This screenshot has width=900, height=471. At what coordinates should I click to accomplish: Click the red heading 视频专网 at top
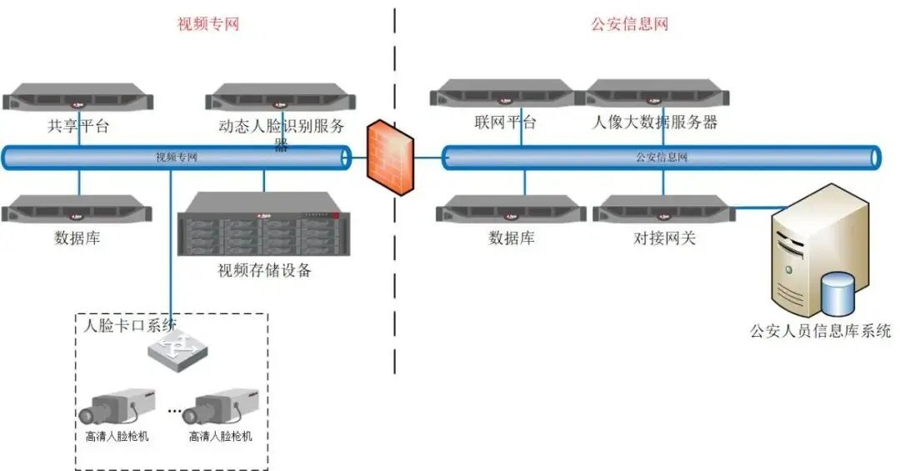(208, 23)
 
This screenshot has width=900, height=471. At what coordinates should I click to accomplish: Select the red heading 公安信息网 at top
(630, 23)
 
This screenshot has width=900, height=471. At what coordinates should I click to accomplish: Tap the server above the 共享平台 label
(78, 98)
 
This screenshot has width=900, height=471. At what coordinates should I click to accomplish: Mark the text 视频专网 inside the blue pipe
(177, 157)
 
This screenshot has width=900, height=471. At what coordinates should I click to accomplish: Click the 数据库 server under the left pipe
(78, 209)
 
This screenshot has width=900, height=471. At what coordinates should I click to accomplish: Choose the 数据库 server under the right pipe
(512, 210)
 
